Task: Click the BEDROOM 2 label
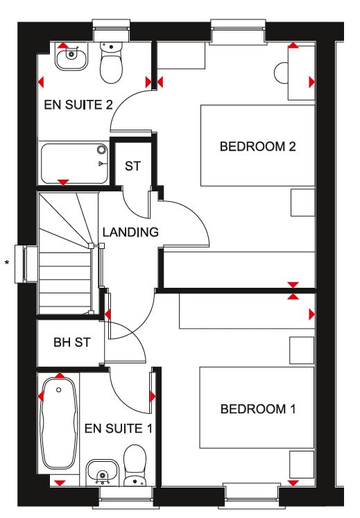pyautogui.click(x=257, y=146)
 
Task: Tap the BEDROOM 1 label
pyautogui.click(x=258, y=409)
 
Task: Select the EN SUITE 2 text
pyautogui.click(x=78, y=105)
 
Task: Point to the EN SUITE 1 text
pyautogui.click(x=118, y=429)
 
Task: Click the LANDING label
pyautogui.click(x=130, y=232)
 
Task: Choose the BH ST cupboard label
pyautogui.click(x=71, y=343)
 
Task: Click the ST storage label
pyautogui.click(x=132, y=166)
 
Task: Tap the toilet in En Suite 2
pyautogui.click(x=112, y=62)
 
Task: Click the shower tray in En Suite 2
pyautogui.click(x=74, y=164)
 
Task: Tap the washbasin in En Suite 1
pyautogui.click(x=103, y=472)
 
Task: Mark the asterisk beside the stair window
pyautogui.click(x=7, y=264)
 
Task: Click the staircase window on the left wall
pyautogui.click(x=26, y=264)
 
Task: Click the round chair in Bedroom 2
pyautogui.click(x=282, y=73)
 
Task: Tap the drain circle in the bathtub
pyautogui.click(x=59, y=390)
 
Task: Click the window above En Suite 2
pyautogui.click(x=111, y=31)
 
